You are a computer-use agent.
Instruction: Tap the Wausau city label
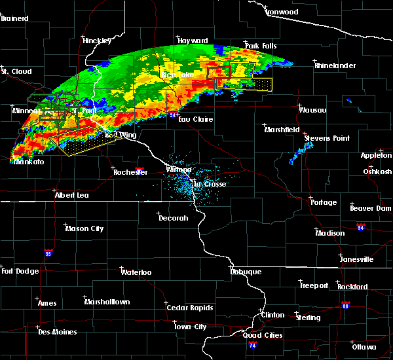313,110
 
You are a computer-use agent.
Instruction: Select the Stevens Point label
327,139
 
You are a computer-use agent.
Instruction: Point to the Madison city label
329,233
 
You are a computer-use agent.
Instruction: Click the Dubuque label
246,272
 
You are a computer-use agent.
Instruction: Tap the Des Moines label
57,332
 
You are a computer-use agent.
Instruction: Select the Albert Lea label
73,195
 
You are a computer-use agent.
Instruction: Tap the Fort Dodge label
16,271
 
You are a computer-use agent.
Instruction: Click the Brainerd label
16,18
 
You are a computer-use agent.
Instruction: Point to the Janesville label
359,259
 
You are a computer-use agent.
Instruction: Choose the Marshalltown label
107,302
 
